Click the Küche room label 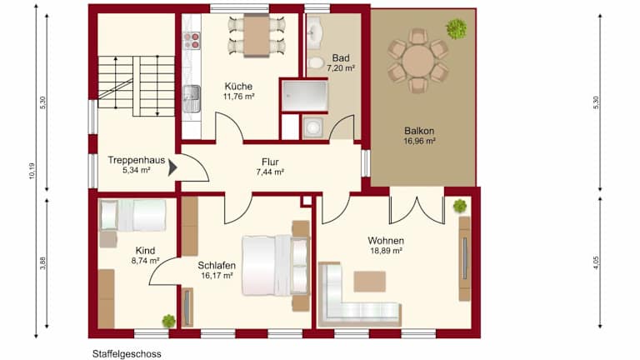(x=238, y=87)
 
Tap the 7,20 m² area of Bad (x=340, y=68)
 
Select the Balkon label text (x=419, y=131)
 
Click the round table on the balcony (x=418, y=61)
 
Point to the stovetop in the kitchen (x=192, y=40)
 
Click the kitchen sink (x=192, y=98)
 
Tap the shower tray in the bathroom (x=304, y=96)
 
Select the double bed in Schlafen (x=276, y=265)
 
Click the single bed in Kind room (x=132, y=215)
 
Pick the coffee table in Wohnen (x=369, y=282)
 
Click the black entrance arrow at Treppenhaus (x=172, y=167)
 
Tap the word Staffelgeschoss (x=127, y=354)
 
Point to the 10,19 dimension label (x=32, y=171)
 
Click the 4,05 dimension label (x=596, y=262)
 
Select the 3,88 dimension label (x=42, y=262)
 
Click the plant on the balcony (x=457, y=29)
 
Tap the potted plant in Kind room (x=168, y=321)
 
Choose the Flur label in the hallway (x=270, y=162)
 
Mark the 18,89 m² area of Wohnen (x=386, y=251)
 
